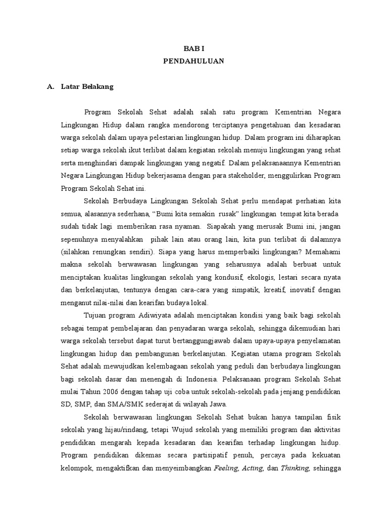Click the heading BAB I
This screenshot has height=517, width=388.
(193, 48)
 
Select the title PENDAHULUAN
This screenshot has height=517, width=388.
(193, 61)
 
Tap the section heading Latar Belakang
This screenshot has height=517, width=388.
(87, 86)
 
